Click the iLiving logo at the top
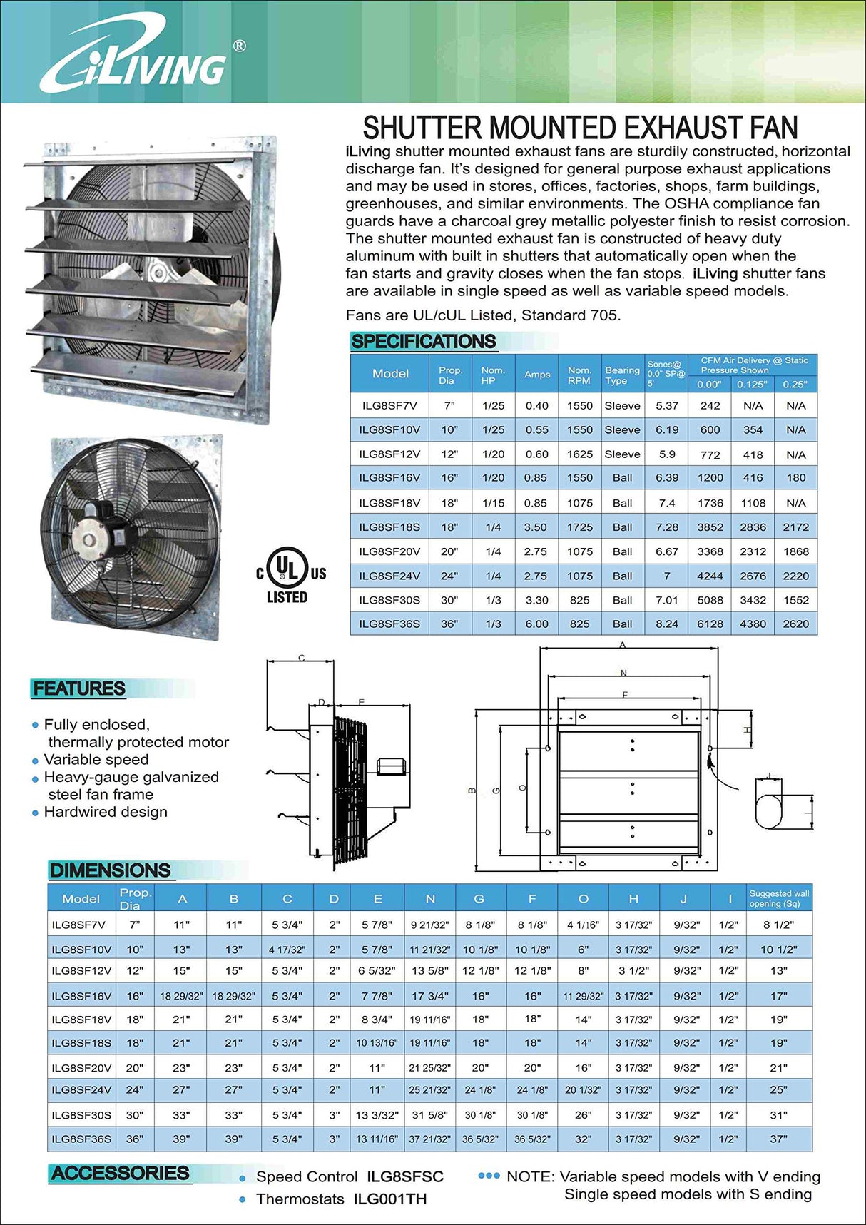(136, 57)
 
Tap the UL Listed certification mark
(289, 575)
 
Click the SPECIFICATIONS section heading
(423, 341)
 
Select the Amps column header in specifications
(536, 374)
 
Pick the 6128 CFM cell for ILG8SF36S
(710, 624)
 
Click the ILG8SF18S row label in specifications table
(389, 527)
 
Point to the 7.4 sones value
(667, 503)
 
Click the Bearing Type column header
(622, 375)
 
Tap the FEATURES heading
(79, 688)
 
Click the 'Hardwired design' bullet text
(106, 812)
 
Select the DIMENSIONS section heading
(110, 870)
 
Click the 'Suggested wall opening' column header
(779, 898)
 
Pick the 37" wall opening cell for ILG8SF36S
(778, 1139)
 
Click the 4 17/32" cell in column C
(287, 950)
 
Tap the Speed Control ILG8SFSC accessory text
(350, 1176)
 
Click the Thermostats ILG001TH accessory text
(341, 1199)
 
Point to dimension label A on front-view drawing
(623, 645)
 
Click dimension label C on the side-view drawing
(302, 658)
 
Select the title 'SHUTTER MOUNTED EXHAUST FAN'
(580, 128)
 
